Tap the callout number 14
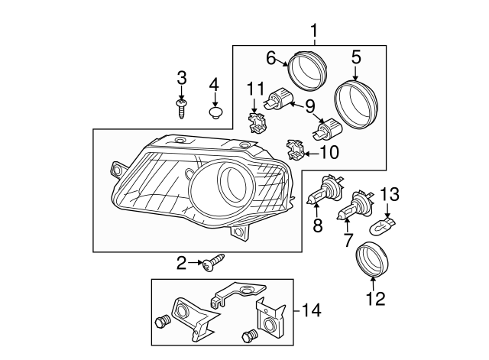[x=312, y=311]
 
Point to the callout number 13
[x=390, y=196]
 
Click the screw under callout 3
[x=182, y=107]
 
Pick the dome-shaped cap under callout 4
[x=215, y=113]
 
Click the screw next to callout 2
[x=213, y=264]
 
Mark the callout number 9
[x=310, y=105]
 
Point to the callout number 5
[x=356, y=57]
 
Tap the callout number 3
[x=182, y=77]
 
